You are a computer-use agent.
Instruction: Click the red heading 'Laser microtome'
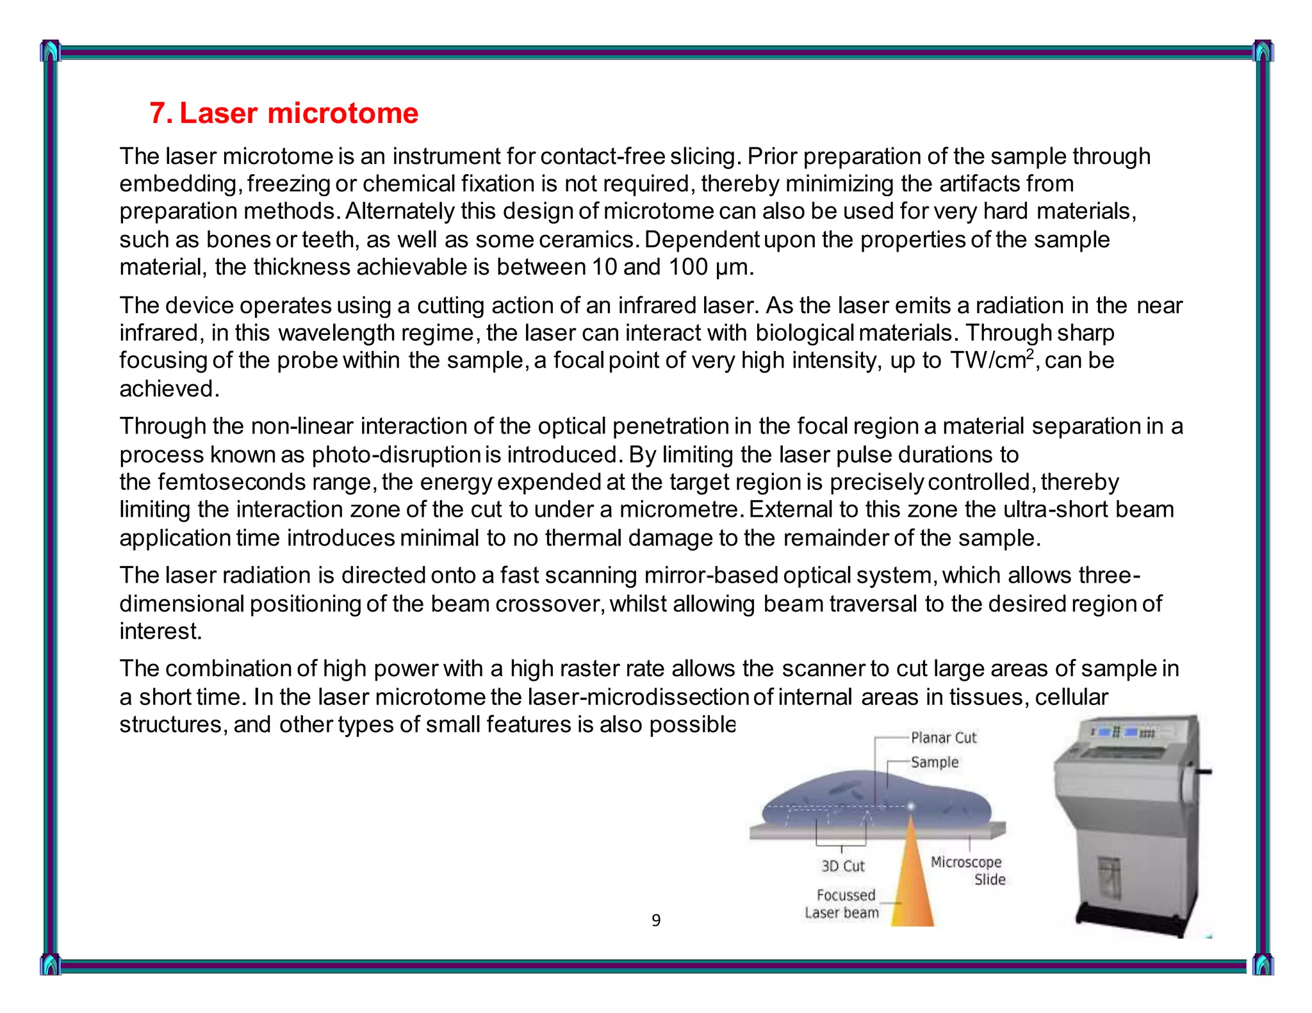tap(298, 113)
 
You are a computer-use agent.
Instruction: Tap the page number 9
tap(655, 920)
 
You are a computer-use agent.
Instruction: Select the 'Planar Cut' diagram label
tap(943, 738)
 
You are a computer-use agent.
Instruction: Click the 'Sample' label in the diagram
tap(935, 762)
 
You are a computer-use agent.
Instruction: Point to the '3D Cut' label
tap(843, 866)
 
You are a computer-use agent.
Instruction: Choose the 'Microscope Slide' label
tap(967, 870)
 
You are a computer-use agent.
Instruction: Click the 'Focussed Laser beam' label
tap(842, 904)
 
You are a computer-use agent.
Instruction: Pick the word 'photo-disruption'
tap(396, 454)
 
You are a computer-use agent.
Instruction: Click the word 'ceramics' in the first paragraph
tap(587, 239)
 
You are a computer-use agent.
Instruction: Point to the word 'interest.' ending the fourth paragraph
tap(160, 631)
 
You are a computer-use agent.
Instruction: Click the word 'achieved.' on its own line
tap(169, 389)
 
